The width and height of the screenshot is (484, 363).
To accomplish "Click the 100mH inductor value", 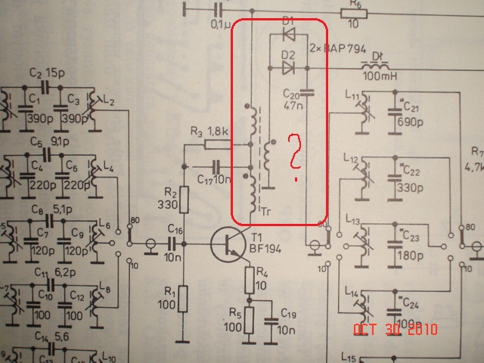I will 380,78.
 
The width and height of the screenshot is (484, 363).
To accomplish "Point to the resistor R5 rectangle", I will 248,324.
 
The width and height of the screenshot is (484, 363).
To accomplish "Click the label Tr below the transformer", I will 265,211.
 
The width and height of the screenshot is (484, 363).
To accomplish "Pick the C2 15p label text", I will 46,73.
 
